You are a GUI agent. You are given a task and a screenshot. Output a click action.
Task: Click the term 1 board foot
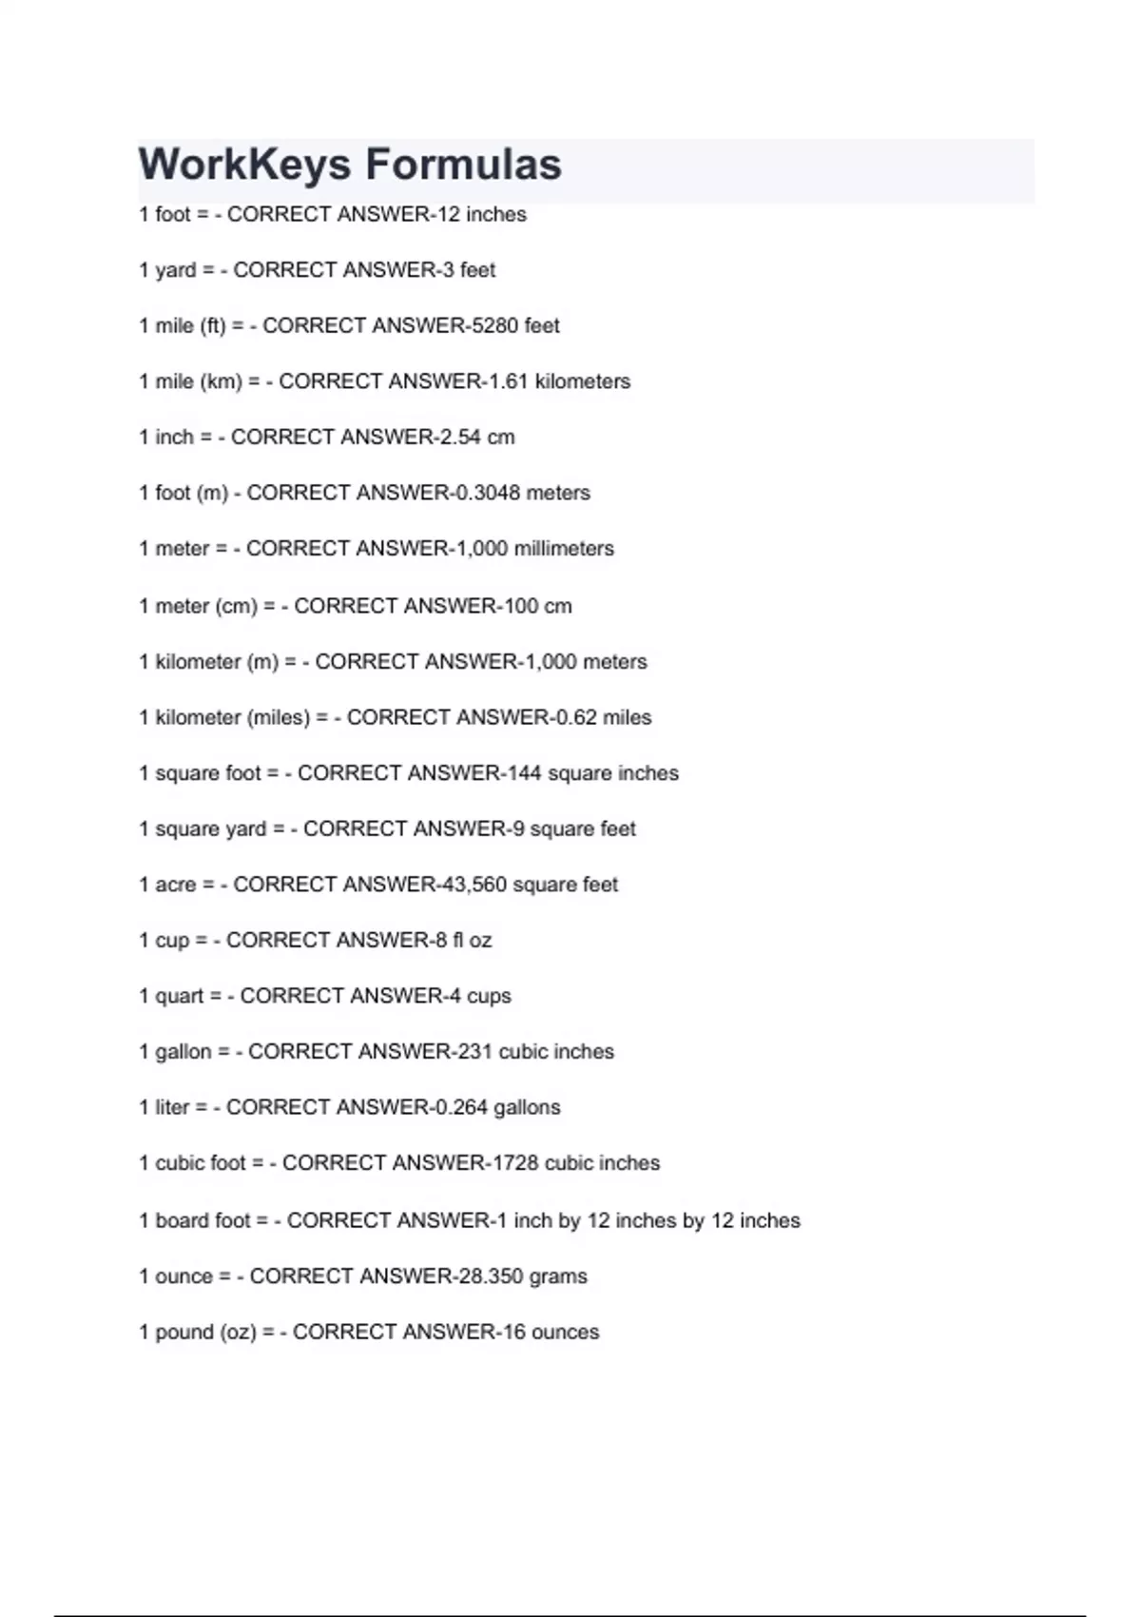pyautogui.click(x=195, y=1220)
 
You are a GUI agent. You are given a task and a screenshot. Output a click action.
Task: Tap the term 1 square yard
pyautogui.click(x=203, y=829)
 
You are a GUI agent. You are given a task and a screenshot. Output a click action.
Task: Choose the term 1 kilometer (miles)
pyautogui.click(x=224, y=717)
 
